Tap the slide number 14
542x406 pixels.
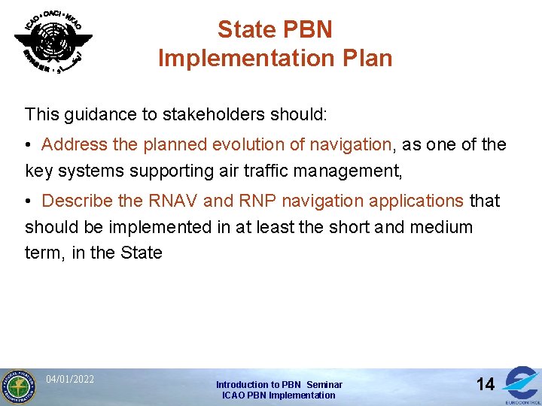(486, 384)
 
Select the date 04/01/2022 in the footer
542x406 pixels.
(70, 379)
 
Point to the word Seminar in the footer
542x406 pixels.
(324, 384)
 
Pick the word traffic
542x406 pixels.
(245, 171)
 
